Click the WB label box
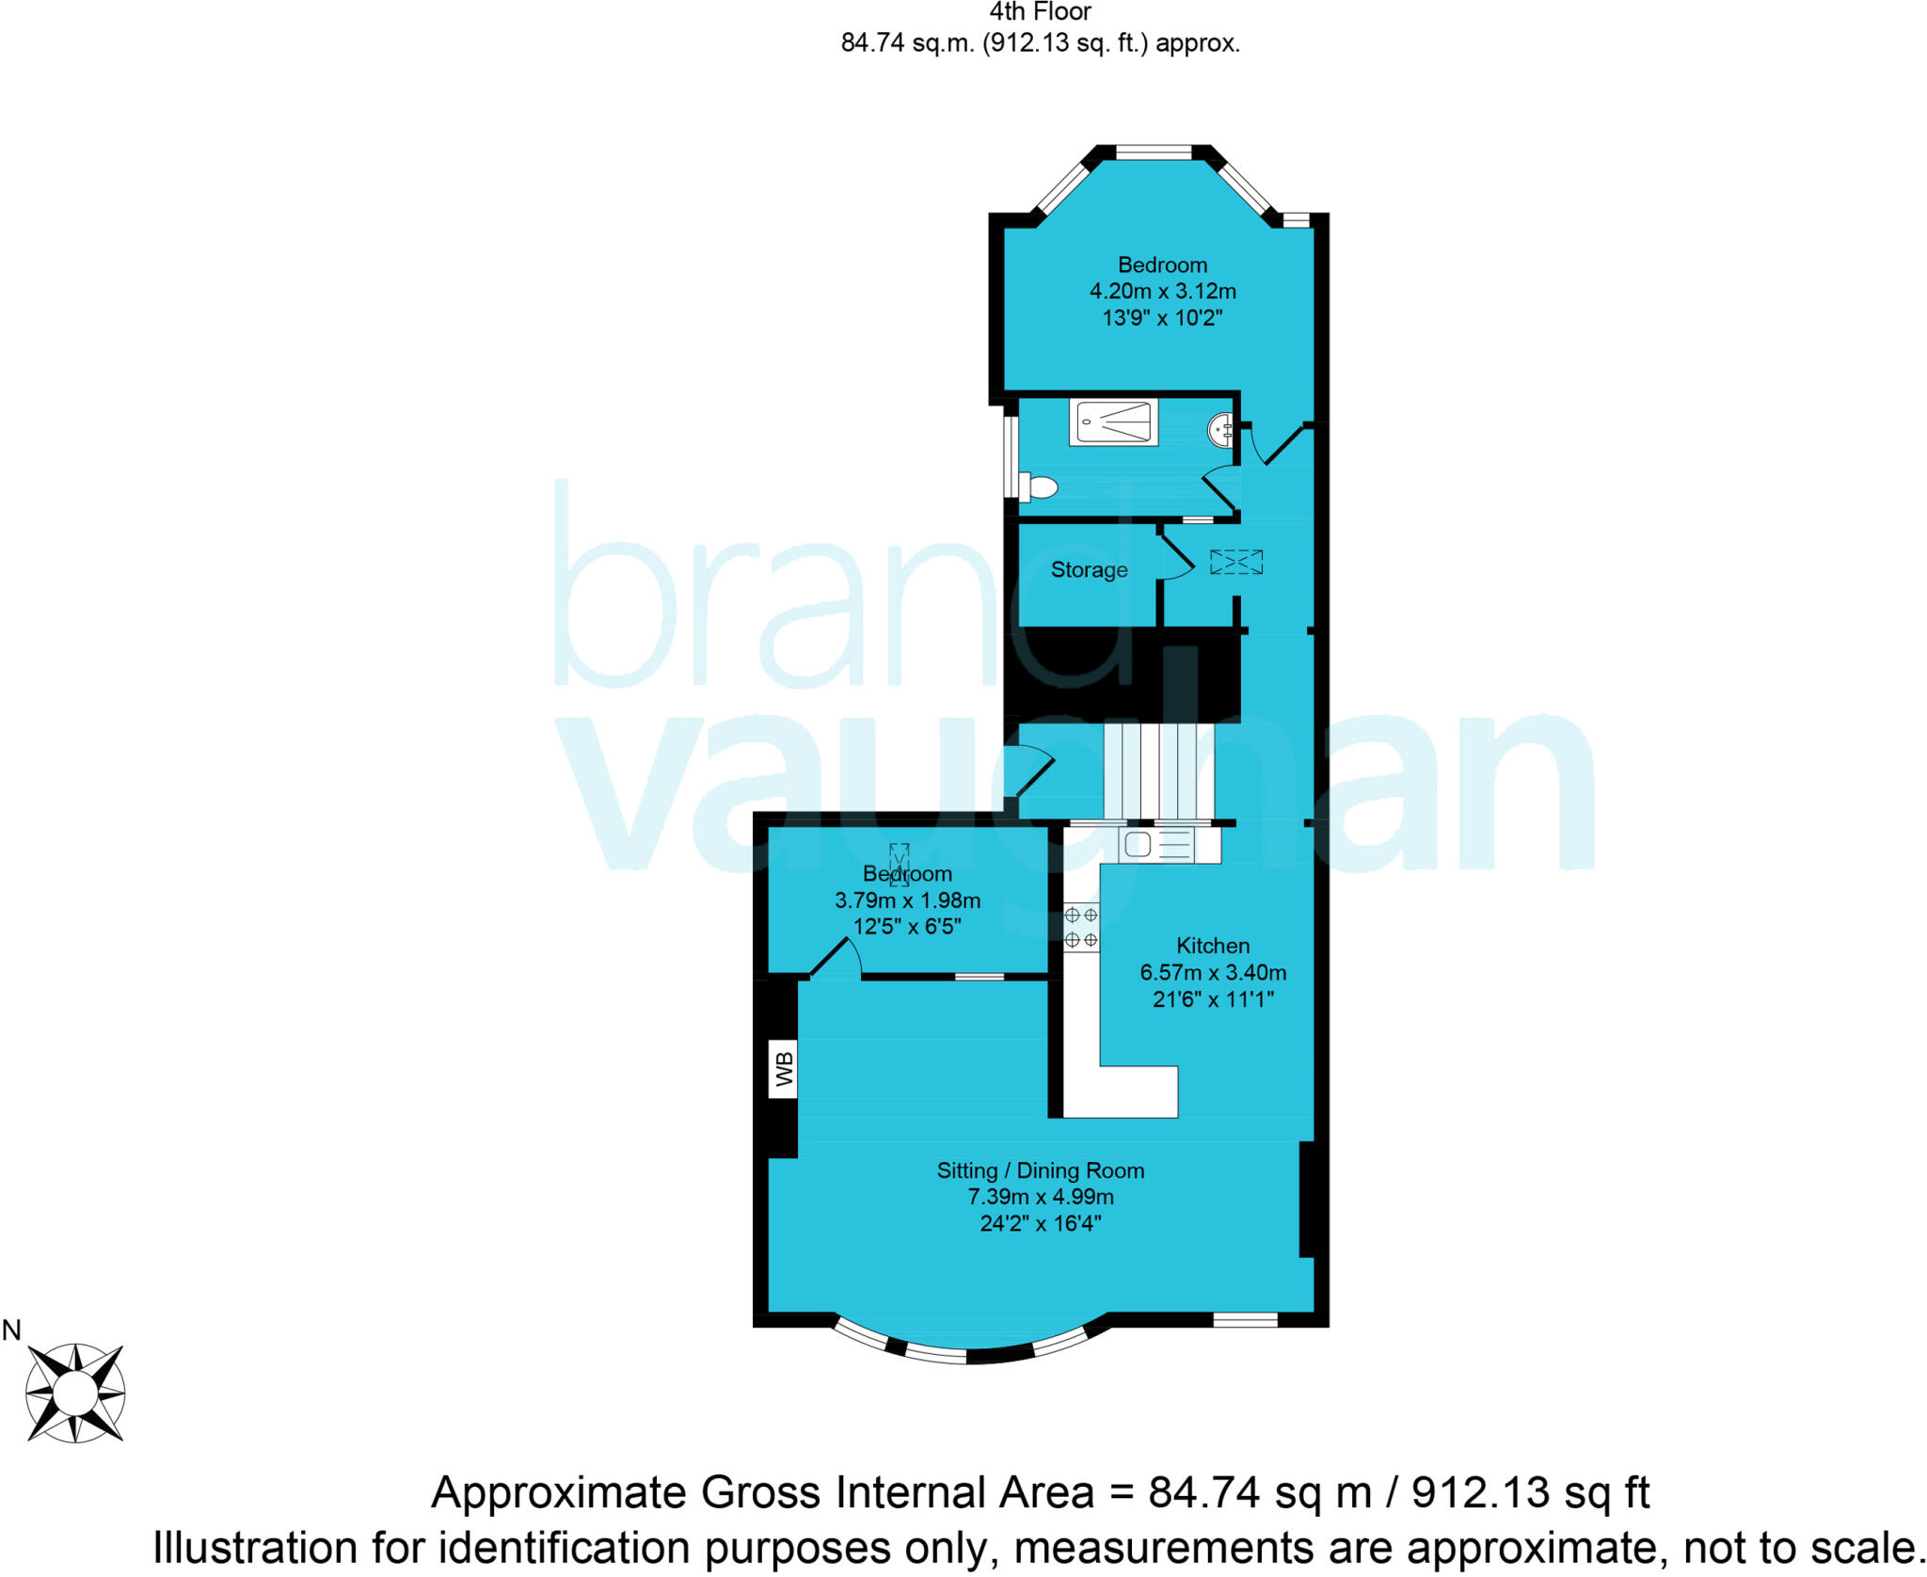783,1069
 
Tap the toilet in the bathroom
1040,487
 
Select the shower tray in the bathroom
1113,422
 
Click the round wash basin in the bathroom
1220,430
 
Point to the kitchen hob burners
1081,927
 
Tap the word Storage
1089,569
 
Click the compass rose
74,1393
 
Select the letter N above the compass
12,1330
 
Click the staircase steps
1157,772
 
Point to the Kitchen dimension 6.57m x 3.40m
1213,972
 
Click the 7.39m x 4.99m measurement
1041,1197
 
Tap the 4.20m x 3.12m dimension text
1162,292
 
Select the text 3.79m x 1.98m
907,900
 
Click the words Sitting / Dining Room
1041,1171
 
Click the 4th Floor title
1040,12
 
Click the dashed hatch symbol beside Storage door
1236,562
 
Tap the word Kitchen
1213,946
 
